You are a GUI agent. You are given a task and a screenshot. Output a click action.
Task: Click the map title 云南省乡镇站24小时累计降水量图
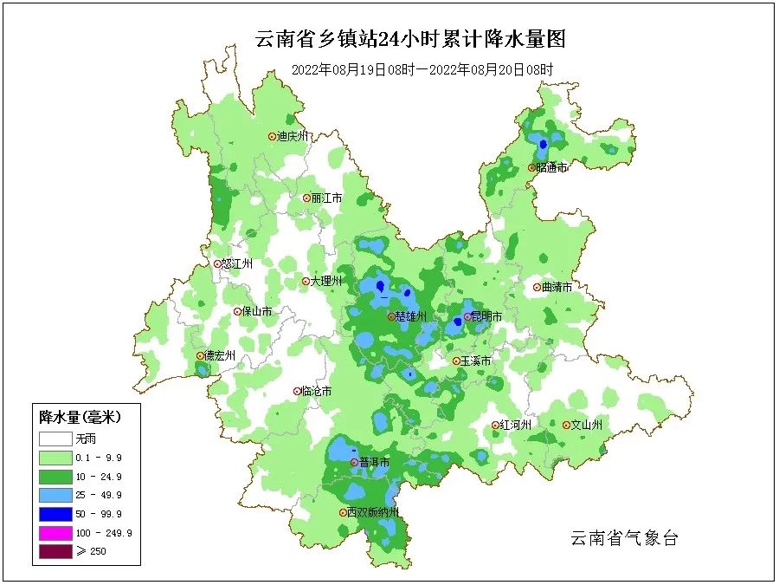[x=410, y=39]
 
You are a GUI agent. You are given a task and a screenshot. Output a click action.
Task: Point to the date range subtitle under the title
[x=422, y=69]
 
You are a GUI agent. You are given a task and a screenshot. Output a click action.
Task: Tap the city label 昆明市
[x=487, y=317]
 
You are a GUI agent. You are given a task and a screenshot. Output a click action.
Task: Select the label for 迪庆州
[x=293, y=136]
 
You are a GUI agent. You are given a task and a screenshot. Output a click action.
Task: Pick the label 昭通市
[x=551, y=167]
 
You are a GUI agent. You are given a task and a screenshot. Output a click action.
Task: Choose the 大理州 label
[x=326, y=282]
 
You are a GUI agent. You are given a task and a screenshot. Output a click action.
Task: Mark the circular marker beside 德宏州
[x=200, y=355]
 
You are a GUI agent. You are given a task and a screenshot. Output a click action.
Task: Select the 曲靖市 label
[x=557, y=287]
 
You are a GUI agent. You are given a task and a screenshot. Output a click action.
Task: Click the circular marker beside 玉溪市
[x=457, y=361]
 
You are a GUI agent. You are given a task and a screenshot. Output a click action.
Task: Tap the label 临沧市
[x=316, y=392]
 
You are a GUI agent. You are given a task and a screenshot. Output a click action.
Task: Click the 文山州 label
[x=587, y=426]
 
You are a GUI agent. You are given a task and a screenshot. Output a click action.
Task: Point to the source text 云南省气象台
[x=623, y=539]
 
